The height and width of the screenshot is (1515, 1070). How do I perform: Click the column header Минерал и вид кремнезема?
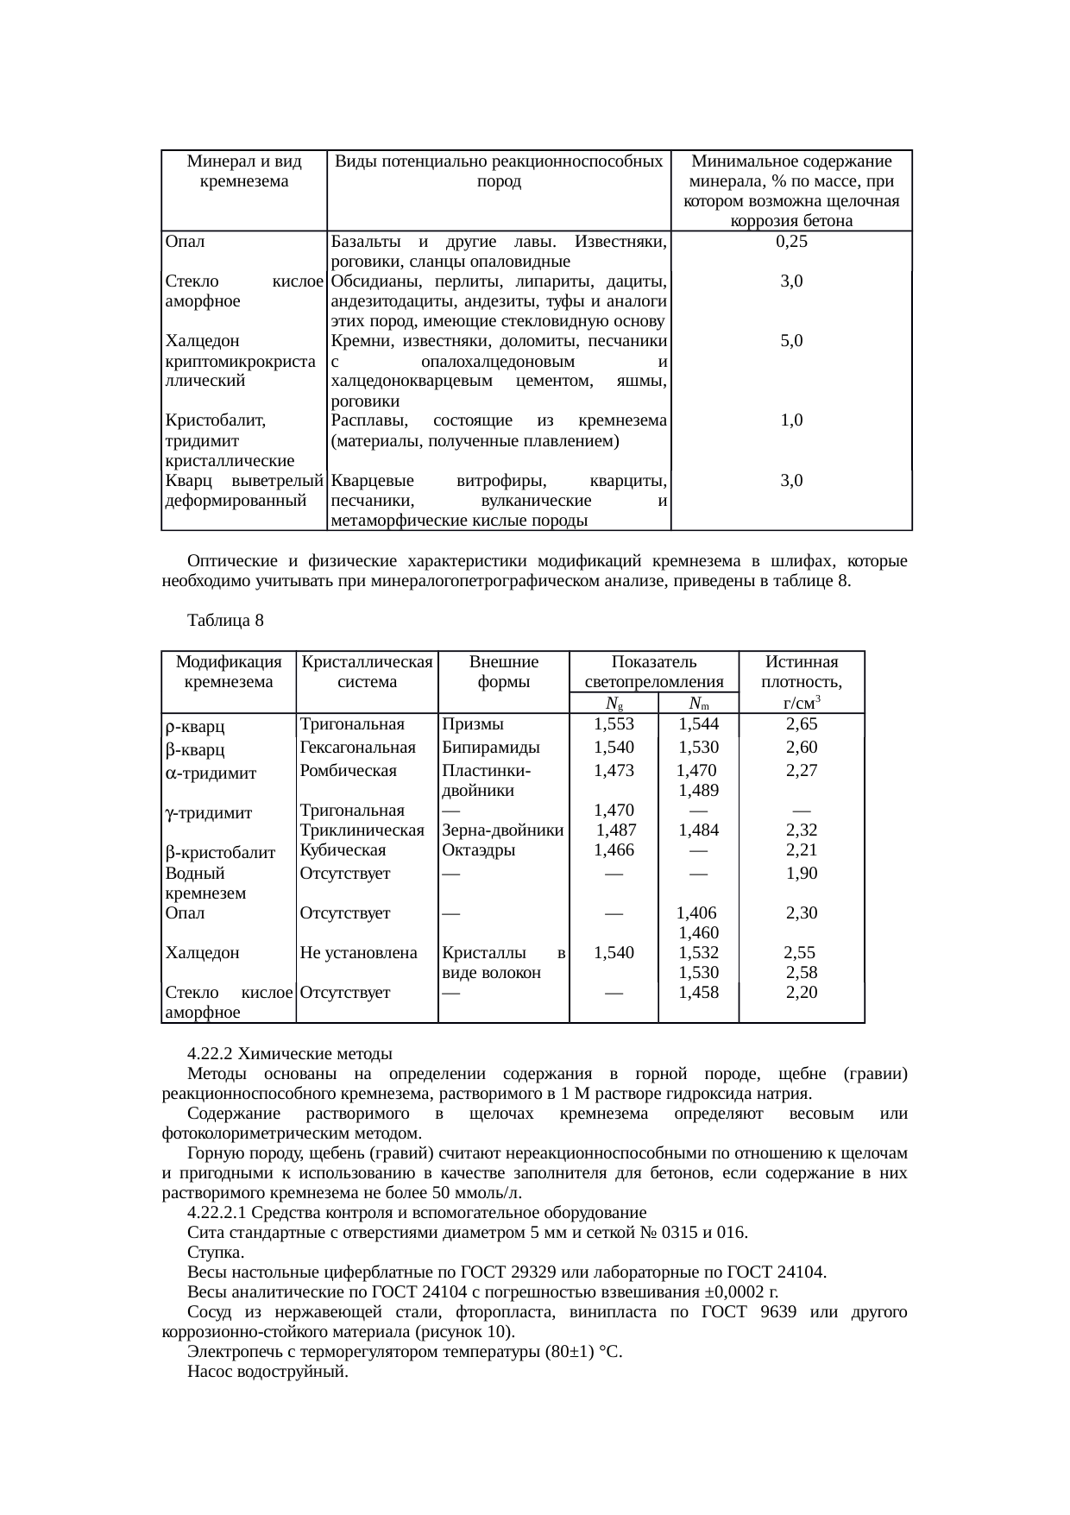click(243, 171)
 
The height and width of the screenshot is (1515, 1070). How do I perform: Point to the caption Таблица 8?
click(224, 621)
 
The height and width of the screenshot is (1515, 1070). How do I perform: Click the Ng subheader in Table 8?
click(614, 703)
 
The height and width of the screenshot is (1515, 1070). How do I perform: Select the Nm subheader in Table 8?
click(698, 703)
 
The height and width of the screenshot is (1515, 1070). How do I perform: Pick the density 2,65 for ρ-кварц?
click(801, 724)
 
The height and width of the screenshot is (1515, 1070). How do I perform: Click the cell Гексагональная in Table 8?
click(357, 748)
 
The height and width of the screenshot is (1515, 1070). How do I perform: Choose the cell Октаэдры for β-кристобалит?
click(478, 850)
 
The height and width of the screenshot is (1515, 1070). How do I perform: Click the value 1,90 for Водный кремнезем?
click(801, 874)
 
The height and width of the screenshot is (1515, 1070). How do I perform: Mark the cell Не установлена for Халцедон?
click(358, 953)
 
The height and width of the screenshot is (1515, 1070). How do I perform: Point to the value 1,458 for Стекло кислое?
click(698, 993)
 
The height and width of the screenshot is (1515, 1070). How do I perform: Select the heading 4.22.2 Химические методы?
click(289, 1054)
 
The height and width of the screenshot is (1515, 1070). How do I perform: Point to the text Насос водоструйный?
click(267, 1372)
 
